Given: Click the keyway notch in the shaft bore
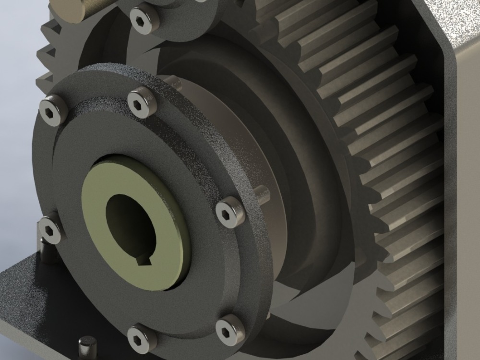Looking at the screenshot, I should click(144, 260).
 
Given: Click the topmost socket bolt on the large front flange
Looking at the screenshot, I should click(143, 101).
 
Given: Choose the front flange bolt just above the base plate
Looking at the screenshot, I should click(50, 230).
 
